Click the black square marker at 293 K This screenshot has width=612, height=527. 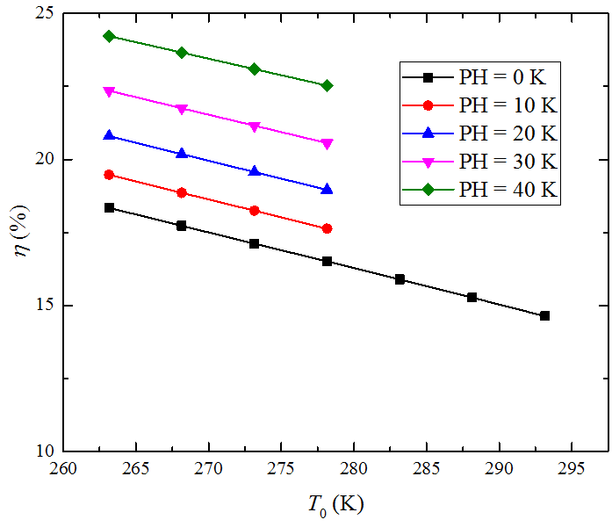tap(544, 315)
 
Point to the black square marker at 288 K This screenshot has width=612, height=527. tap(472, 298)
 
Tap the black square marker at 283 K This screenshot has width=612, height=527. tap(400, 279)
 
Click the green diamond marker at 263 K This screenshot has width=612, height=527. tap(109, 36)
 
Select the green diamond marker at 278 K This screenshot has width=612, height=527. tap(327, 85)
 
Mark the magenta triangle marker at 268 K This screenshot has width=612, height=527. tap(182, 109)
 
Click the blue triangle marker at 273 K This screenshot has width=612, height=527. tap(255, 171)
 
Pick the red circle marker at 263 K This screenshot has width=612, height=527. tap(109, 175)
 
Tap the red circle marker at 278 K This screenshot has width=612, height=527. tap(327, 228)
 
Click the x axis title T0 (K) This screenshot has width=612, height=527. tap(335, 506)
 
